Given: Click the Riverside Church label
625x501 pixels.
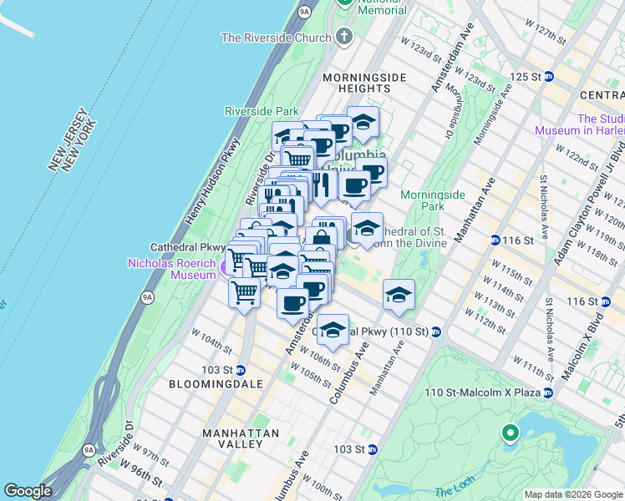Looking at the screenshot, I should tap(277, 37).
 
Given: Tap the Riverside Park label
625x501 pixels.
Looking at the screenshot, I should tap(262, 111).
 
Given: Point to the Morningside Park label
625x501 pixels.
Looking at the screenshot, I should tap(432, 200).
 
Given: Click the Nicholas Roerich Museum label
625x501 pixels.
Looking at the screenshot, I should tap(171, 269).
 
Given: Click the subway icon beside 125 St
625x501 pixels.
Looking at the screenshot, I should tap(549, 76).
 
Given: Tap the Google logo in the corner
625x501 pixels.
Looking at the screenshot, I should tap(28, 491).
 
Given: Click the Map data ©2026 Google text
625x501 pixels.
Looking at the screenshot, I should tap(573, 494).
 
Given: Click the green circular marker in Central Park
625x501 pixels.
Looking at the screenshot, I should tap(509, 433).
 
